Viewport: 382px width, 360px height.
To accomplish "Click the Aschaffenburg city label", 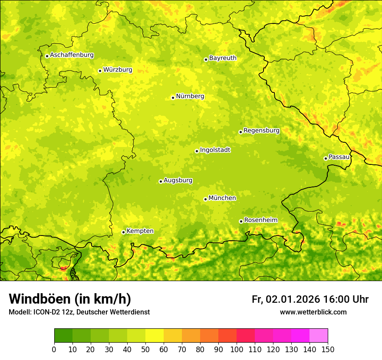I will pyautogui.click(x=72, y=55).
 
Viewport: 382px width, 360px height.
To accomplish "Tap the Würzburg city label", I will pyautogui.click(x=118, y=70).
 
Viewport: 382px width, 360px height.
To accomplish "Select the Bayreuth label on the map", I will pyautogui.click(x=223, y=58).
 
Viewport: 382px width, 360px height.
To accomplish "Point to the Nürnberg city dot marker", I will pyautogui.click(x=173, y=98).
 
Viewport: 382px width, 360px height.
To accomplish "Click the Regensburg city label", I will pyautogui.click(x=261, y=131).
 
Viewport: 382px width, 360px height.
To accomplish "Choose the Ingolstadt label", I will pyautogui.click(x=215, y=150).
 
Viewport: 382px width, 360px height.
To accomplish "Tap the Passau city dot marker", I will pyautogui.click(x=326, y=158).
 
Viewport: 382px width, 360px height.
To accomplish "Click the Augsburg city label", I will pyautogui.click(x=178, y=180).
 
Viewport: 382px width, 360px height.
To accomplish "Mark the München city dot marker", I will pyautogui.click(x=205, y=199).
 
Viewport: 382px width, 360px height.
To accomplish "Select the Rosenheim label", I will pyautogui.click(x=260, y=220).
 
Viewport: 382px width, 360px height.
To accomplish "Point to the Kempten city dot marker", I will pyautogui.click(x=123, y=232).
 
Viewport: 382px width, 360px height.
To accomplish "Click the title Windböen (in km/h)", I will pyautogui.click(x=70, y=299).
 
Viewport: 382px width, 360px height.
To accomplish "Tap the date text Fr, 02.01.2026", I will pyautogui.click(x=286, y=299).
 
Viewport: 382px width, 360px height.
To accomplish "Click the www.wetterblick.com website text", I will pyautogui.click(x=313, y=312).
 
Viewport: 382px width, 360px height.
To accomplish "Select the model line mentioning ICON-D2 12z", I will pyautogui.click(x=79, y=312).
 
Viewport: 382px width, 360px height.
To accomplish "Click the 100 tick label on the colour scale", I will pyautogui.click(x=237, y=349).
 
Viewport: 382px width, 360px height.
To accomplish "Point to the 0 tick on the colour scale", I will pyautogui.click(x=54, y=349).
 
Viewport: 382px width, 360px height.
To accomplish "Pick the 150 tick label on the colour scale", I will pyautogui.click(x=328, y=349).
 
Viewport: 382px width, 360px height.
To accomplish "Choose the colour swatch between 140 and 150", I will pyautogui.click(x=319, y=336).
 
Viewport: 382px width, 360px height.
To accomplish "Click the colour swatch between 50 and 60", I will pyautogui.click(x=155, y=336).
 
